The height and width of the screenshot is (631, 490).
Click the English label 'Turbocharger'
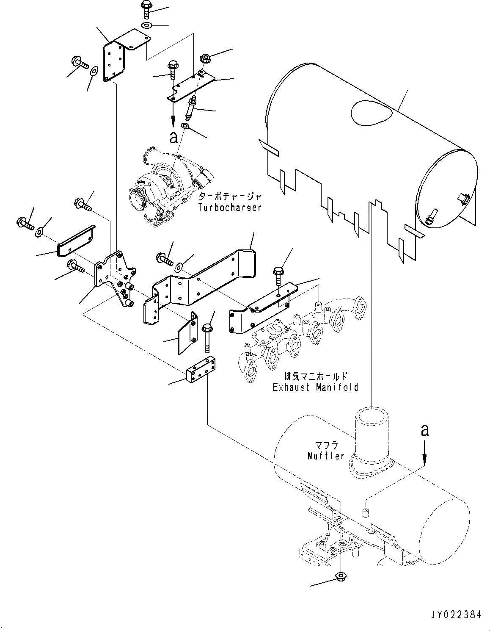coord(229,208)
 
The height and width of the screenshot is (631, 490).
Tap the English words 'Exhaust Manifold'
coord(315,387)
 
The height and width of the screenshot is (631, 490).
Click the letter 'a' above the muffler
coord(425,431)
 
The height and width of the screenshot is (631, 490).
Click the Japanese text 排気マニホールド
coord(316,376)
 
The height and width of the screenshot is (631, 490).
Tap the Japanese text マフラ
coord(325,446)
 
